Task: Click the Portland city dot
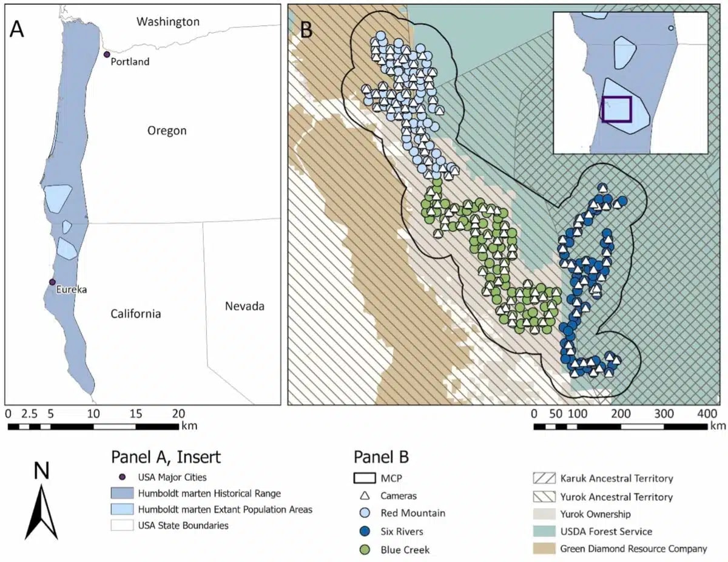click(107, 55)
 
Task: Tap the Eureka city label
click(71, 289)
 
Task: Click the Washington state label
click(167, 22)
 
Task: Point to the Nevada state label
click(244, 306)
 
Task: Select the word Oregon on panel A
click(167, 130)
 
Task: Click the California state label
click(135, 314)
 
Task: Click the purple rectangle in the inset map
click(616, 109)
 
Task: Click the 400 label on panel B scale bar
click(706, 413)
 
